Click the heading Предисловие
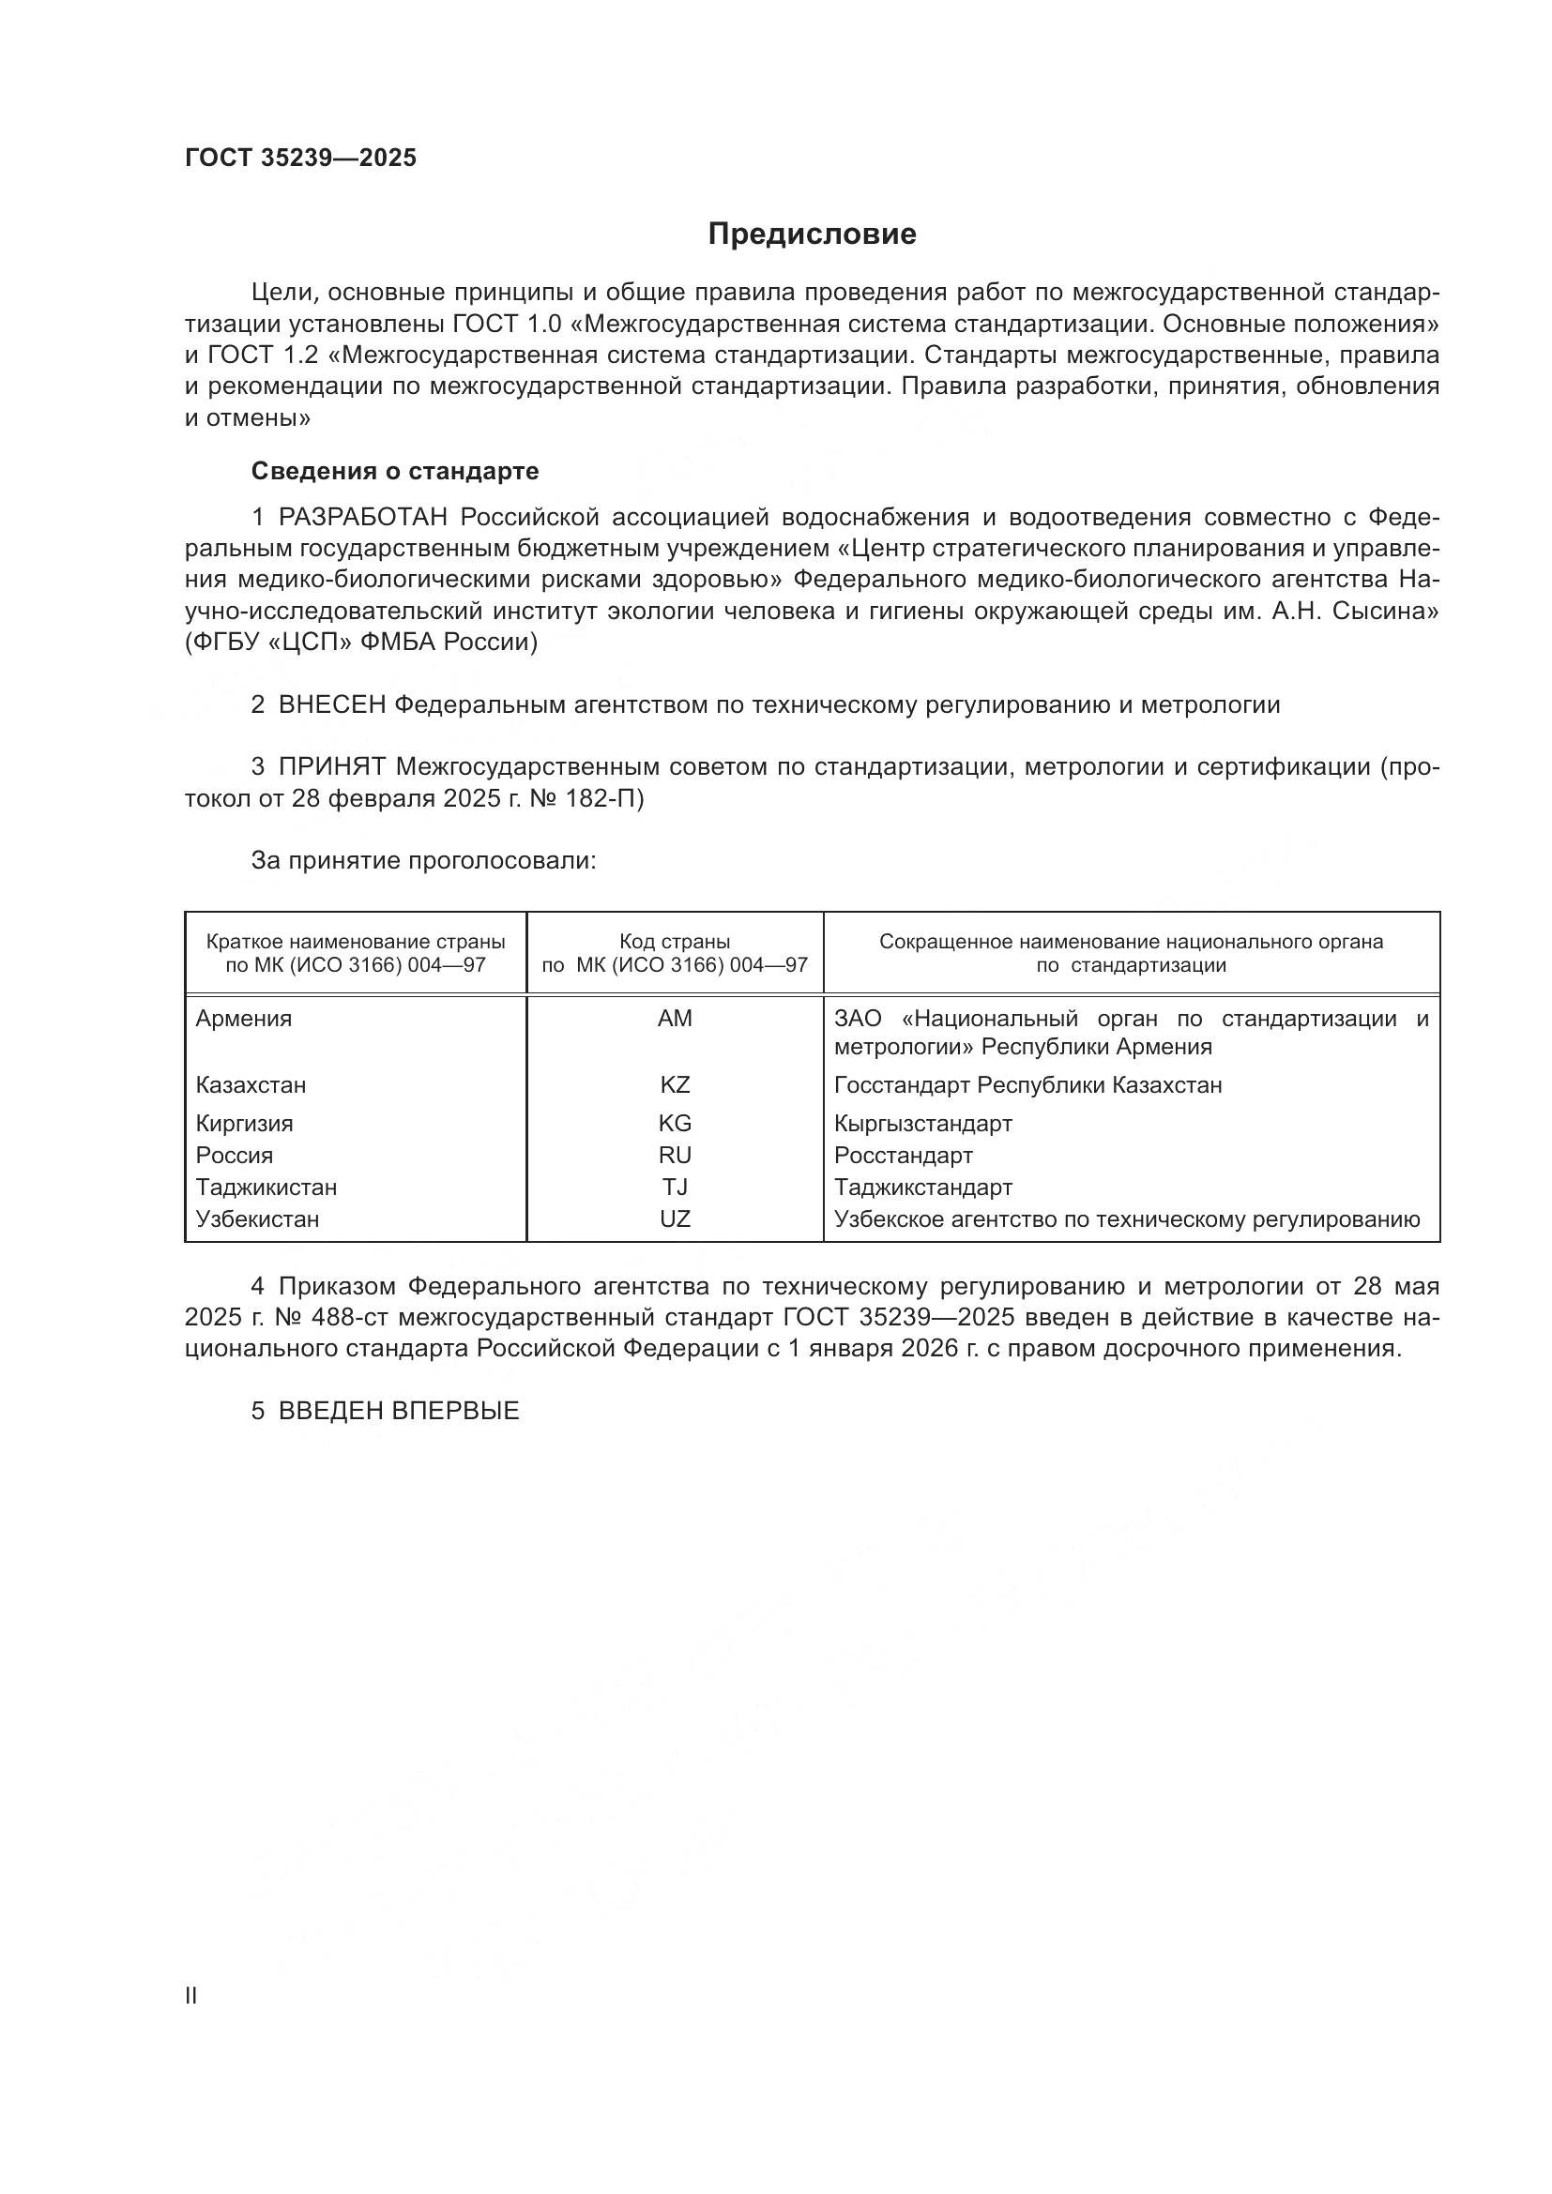(812, 235)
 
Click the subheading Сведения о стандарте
(395, 471)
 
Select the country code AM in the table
(675, 1019)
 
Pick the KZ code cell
(675, 1085)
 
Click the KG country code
(675, 1124)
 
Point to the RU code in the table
(675, 1156)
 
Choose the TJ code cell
(675, 1188)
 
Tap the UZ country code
(675, 1219)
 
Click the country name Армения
(244, 1019)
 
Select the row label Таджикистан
(266, 1188)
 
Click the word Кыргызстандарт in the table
(922, 1124)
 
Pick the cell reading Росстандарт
(903, 1156)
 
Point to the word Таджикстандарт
(922, 1188)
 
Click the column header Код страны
(675, 941)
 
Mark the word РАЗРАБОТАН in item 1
(363, 518)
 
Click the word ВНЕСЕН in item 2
(332, 705)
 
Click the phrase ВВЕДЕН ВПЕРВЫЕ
(399, 1412)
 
